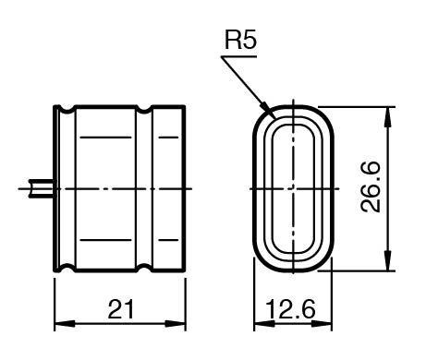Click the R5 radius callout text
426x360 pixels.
pyautogui.click(x=240, y=40)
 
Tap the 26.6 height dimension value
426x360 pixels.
pyautogui.click(x=371, y=187)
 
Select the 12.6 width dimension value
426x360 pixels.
pyautogui.click(x=291, y=309)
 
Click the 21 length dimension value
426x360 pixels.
pyautogui.click(x=121, y=309)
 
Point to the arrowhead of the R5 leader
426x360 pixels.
pyautogui.click(x=265, y=106)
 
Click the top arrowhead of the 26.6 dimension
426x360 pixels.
pyautogui.click(x=388, y=116)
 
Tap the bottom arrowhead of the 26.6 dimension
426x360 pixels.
pyautogui.click(x=388, y=261)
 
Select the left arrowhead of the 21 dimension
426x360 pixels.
pyautogui.click(x=65, y=324)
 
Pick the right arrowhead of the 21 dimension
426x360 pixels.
pyautogui.click(x=176, y=324)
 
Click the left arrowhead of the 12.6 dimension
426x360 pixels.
pyautogui.click(x=264, y=324)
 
